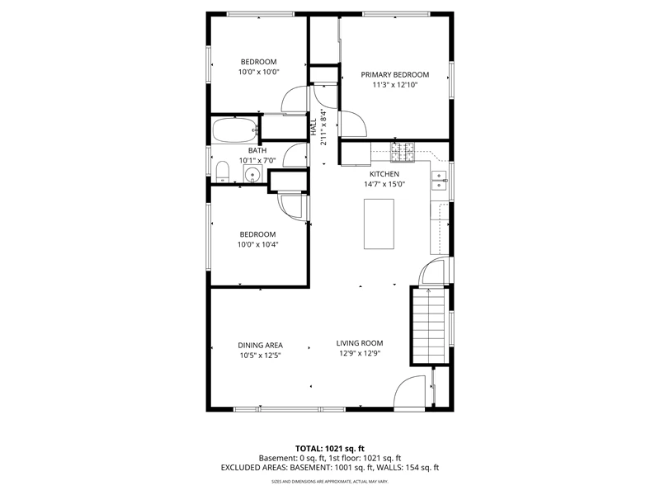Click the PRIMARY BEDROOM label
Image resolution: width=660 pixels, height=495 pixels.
tap(395, 75)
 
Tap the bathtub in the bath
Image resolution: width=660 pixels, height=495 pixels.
tap(235, 130)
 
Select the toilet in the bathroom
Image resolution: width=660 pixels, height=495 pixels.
tap(222, 172)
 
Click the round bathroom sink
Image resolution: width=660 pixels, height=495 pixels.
tap(252, 174)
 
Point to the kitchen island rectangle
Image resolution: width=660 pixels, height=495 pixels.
tap(379, 224)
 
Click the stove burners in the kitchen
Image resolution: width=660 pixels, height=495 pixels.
tap(403, 152)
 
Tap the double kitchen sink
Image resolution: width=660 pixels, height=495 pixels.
tap(440, 180)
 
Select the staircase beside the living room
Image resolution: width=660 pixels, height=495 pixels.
tap(428, 325)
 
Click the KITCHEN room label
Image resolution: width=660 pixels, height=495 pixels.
tap(384, 174)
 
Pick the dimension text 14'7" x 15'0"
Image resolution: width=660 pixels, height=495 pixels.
tap(384, 184)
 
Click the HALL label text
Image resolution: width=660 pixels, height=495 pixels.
tap(313, 127)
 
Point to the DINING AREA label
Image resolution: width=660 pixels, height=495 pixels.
tap(260, 346)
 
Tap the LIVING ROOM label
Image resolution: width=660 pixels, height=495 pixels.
tap(360, 343)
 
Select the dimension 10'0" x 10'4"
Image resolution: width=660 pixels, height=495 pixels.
tap(257, 244)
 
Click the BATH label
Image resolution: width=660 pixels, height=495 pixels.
tap(257, 150)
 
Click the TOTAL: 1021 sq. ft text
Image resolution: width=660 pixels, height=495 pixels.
tap(329, 449)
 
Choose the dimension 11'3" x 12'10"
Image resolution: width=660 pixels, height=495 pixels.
tap(395, 85)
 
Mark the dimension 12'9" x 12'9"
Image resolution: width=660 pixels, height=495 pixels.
tap(360, 354)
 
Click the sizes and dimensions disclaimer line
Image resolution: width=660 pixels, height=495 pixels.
tap(329, 481)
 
